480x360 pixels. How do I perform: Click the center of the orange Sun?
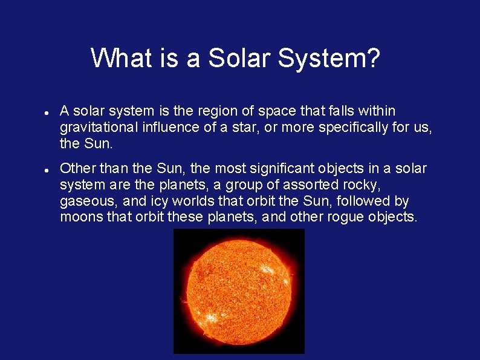coord(239,291)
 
